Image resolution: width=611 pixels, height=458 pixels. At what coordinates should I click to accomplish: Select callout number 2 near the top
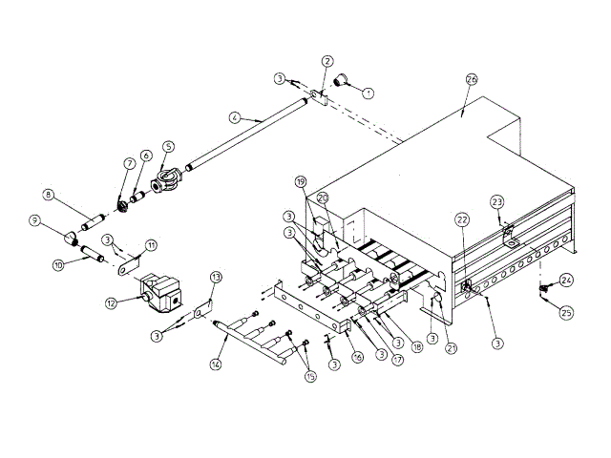(x=327, y=61)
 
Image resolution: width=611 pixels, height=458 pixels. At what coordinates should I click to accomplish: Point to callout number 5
(x=168, y=147)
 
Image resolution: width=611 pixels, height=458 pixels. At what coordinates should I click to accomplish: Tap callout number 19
(x=300, y=181)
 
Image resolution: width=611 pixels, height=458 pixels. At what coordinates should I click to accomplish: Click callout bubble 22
(x=462, y=219)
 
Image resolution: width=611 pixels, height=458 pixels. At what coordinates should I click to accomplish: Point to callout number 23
(x=497, y=201)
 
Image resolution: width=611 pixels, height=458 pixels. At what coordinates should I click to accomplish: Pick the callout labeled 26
(x=471, y=78)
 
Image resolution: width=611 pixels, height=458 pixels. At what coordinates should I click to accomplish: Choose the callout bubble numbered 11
(x=150, y=245)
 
